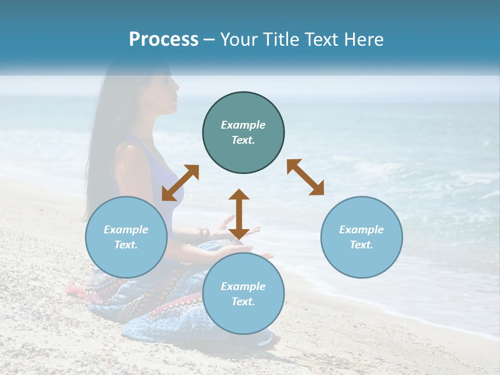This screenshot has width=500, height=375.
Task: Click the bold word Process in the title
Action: pos(164,40)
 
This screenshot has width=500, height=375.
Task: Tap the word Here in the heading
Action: pos(363,40)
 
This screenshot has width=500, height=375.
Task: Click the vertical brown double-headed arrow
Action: pos(239,214)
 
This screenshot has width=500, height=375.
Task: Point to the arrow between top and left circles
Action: pos(180,183)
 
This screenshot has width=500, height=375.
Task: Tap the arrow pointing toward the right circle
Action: pos(306,177)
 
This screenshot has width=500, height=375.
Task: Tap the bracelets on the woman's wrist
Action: pos(202,235)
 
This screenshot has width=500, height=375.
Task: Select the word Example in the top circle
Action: pos(243,125)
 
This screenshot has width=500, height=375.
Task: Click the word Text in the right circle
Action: pos(361,245)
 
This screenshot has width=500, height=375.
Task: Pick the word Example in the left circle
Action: pos(126,230)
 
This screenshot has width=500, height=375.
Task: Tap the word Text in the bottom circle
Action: pos(243,302)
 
